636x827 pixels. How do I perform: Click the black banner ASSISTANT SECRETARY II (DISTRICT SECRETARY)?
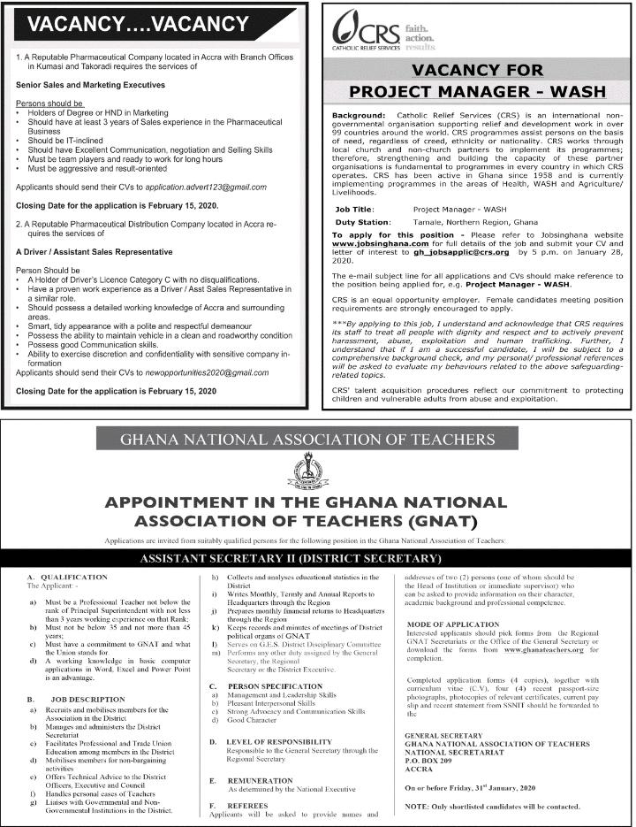point(317,560)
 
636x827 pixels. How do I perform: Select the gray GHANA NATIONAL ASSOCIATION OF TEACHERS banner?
point(318,438)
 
